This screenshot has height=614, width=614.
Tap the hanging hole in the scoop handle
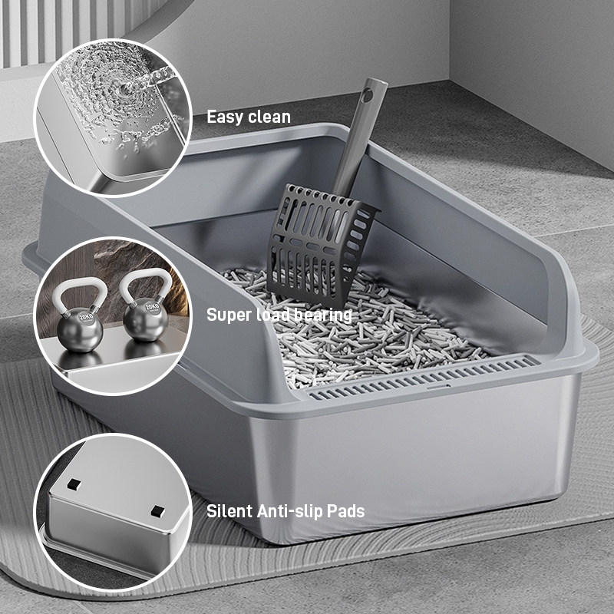(x=367, y=94)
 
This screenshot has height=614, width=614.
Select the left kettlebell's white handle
(x=81, y=292)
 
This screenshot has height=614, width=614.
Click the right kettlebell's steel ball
(x=145, y=320)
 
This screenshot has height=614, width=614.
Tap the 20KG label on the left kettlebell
(x=86, y=316)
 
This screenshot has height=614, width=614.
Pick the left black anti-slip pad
(x=74, y=485)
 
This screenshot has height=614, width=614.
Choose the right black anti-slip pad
(x=157, y=511)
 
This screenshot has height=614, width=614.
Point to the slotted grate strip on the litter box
(x=423, y=377)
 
